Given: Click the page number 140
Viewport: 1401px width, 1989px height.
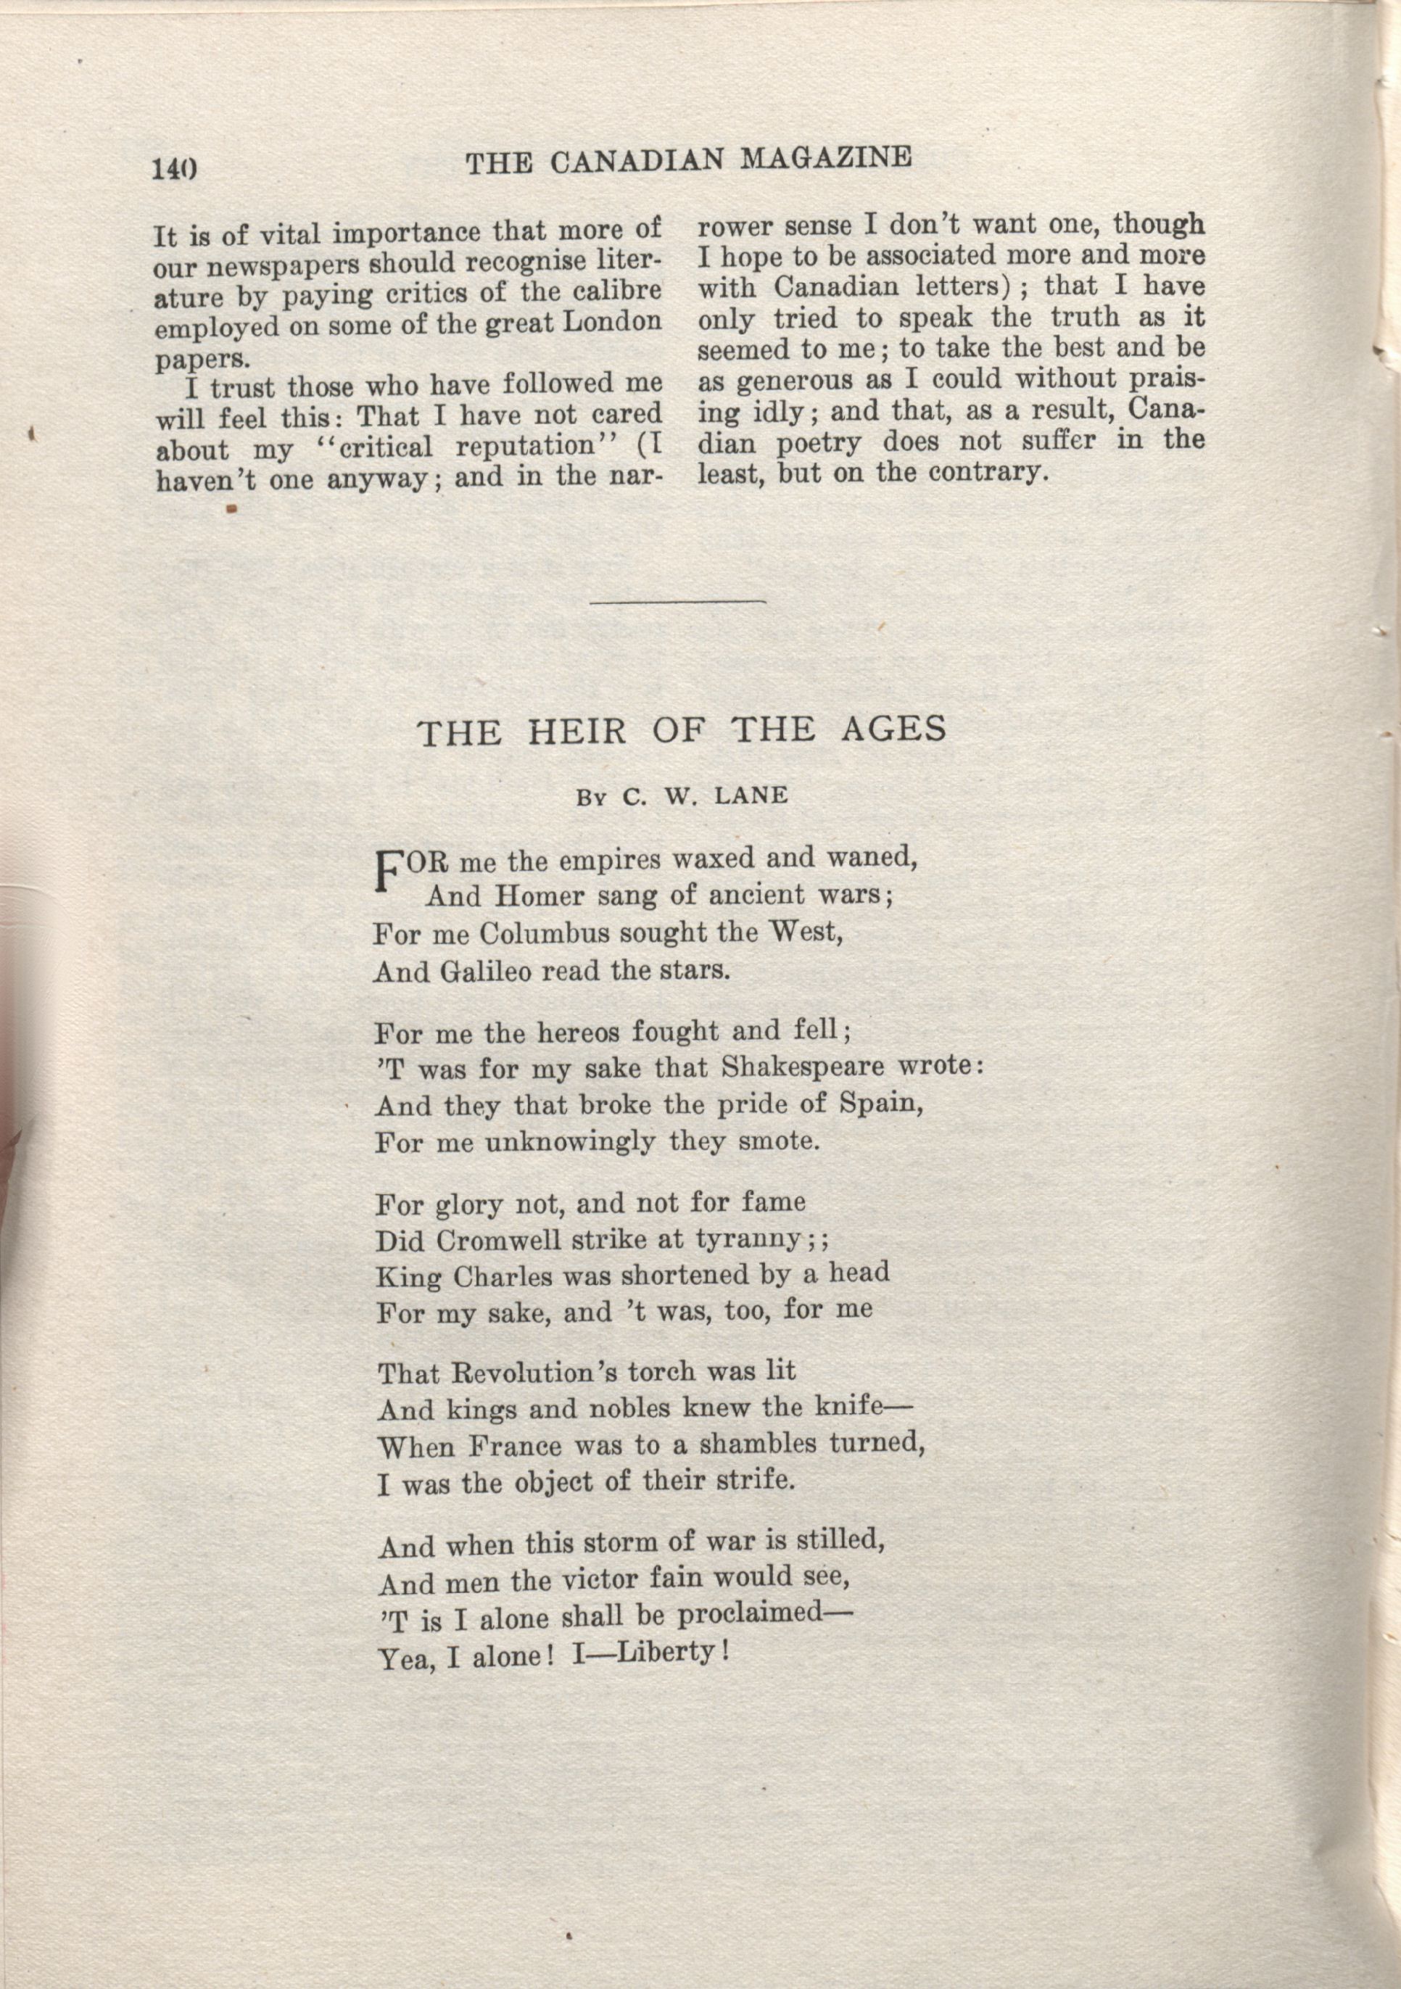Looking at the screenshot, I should click(175, 168).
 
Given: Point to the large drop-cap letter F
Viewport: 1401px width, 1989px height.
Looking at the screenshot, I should click(389, 872).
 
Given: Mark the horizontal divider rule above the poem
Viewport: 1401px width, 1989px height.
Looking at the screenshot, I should click(679, 601).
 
